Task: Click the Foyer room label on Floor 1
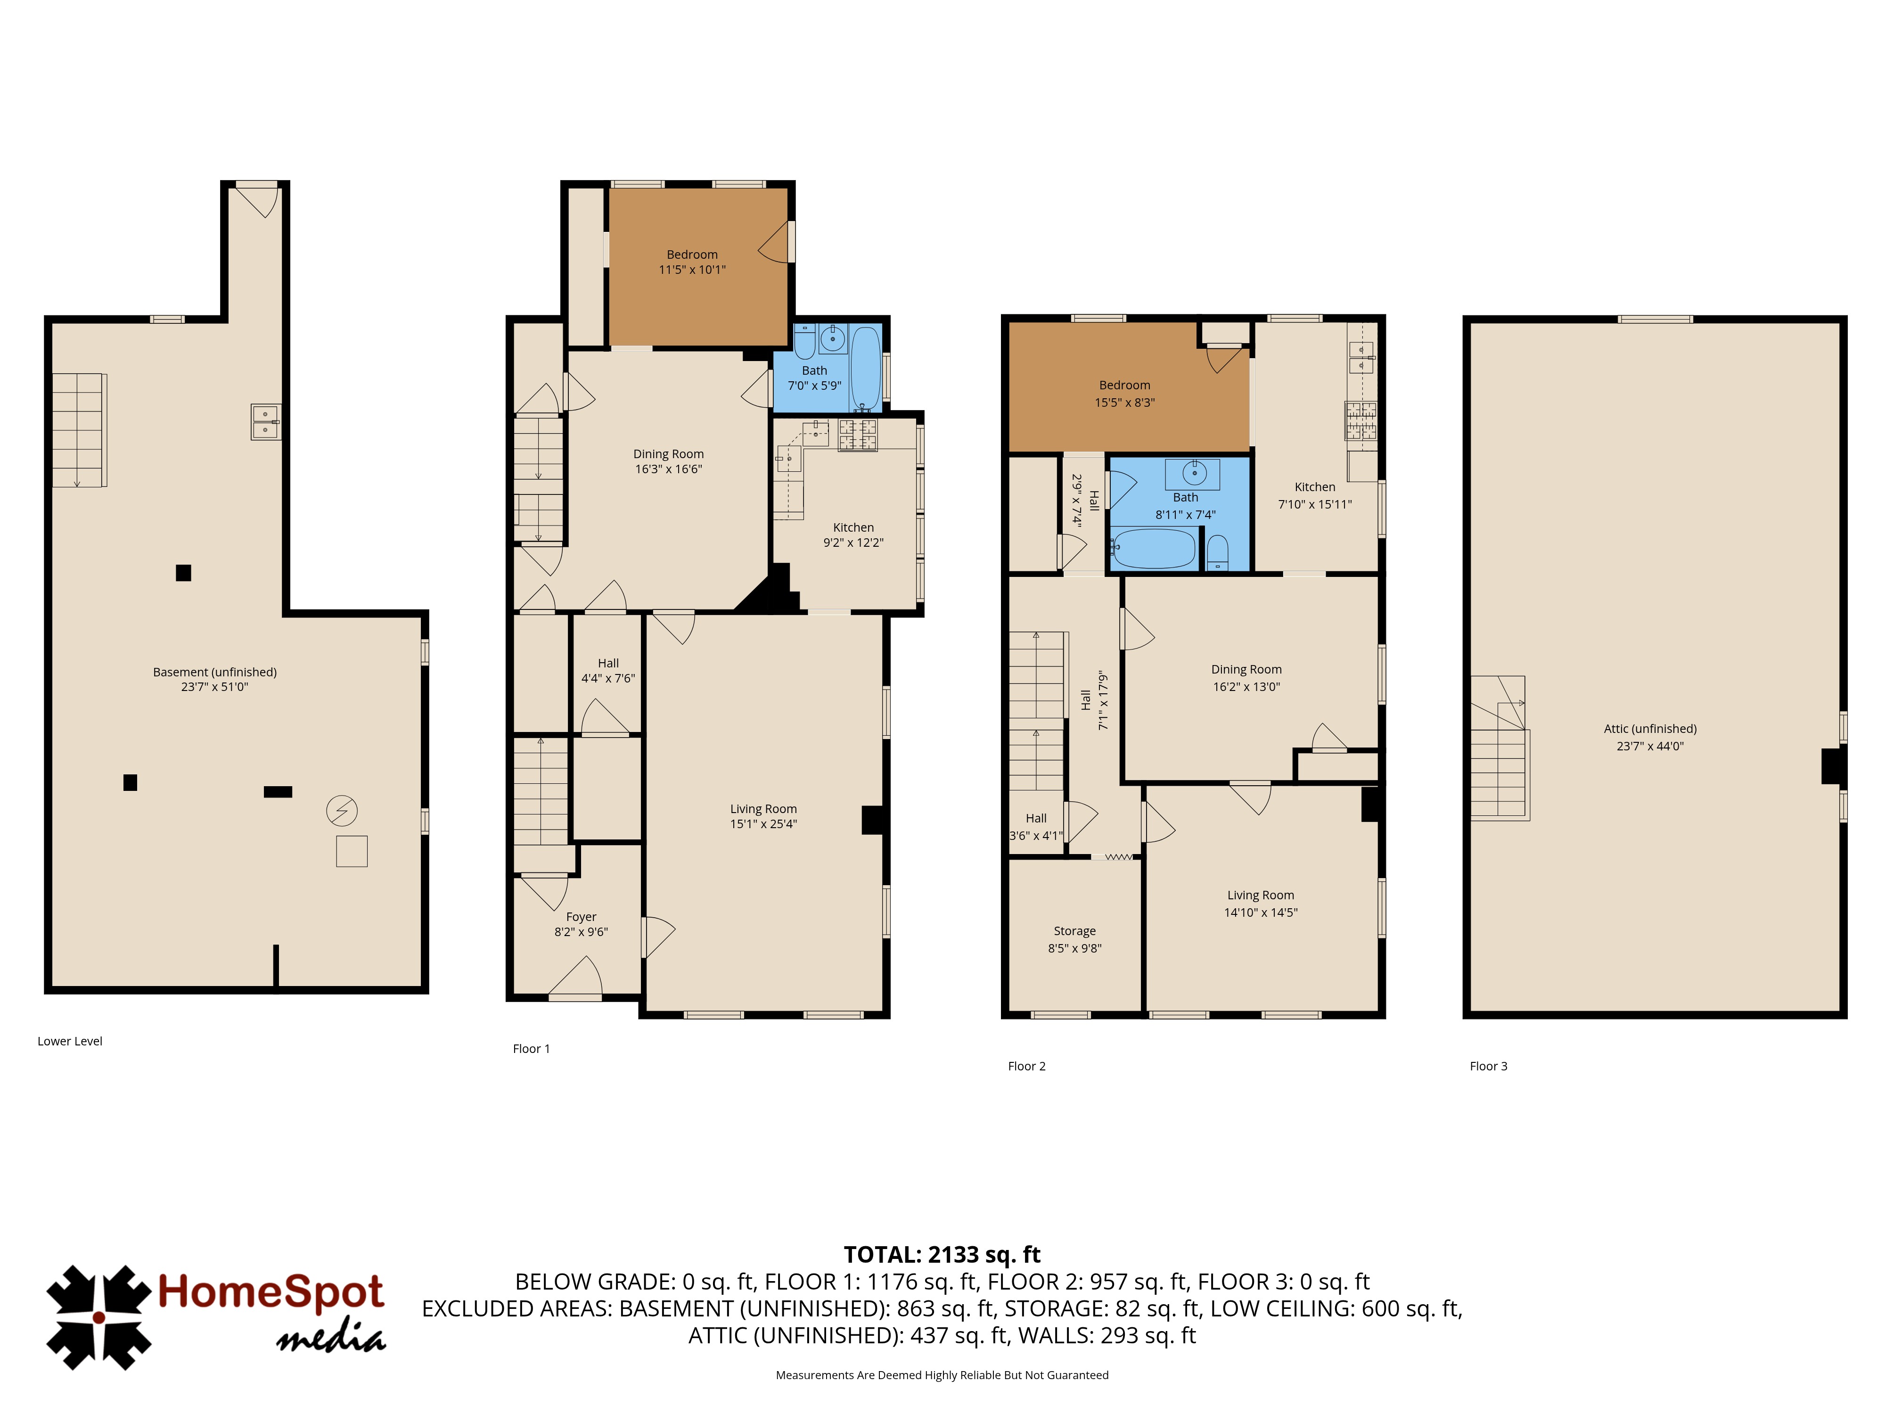click(x=581, y=917)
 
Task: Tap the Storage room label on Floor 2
click(x=1074, y=931)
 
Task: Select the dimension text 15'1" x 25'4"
click(x=763, y=823)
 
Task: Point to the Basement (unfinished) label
click(x=215, y=672)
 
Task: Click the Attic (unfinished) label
click(x=1650, y=729)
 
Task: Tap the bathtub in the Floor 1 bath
click(x=866, y=368)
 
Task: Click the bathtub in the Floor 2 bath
click(x=1154, y=548)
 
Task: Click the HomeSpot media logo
click(x=216, y=1317)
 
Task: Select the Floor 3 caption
click(x=1488, y=1066)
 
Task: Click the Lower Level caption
click(x=70, y=1041)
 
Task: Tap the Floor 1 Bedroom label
click(x=692, y=254)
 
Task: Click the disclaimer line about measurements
click(x=942, y=1375)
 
